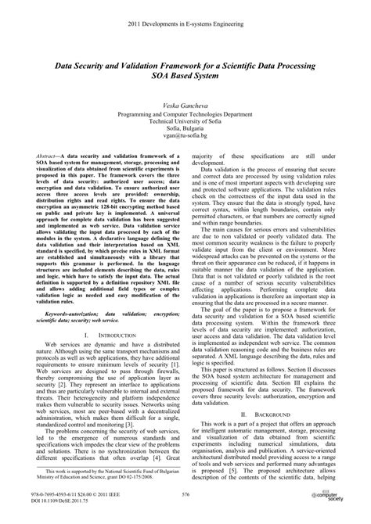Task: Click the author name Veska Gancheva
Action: [185, 102]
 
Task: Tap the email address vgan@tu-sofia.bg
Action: [185, 135]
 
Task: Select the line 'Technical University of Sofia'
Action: [185, 119]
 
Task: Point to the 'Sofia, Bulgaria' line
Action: [185, 127]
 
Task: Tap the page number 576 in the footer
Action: [185, 493]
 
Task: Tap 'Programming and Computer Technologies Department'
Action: [185, 111]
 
